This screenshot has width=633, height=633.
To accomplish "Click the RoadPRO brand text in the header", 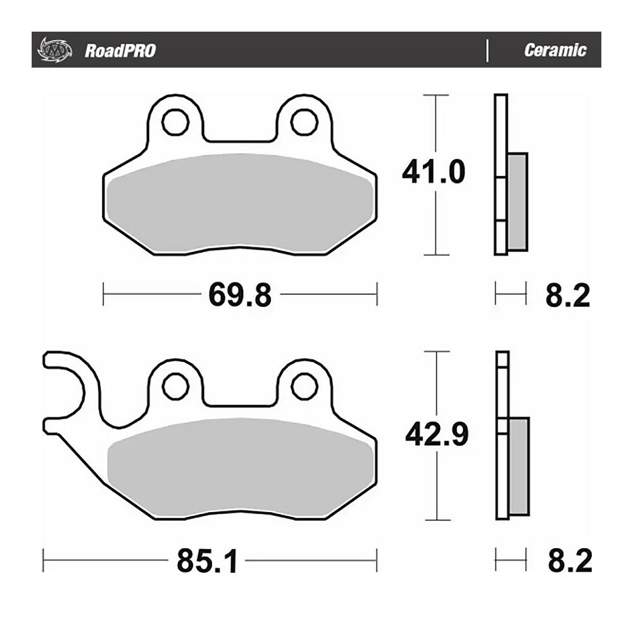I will click(120, 51).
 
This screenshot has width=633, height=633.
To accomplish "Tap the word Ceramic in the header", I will click(555, 51).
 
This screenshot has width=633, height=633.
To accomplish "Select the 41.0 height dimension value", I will click(434, 172).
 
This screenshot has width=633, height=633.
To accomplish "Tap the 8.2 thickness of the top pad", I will click(567, 295).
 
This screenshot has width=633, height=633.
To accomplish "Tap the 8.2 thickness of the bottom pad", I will click(568, 561).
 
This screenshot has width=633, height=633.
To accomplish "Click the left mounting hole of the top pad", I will click(175, 122).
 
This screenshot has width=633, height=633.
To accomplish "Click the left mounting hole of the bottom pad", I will click(175, 384).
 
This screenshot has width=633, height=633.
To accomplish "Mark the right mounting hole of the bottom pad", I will click(304, 384).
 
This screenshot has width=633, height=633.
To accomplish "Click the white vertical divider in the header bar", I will click(487, 51).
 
